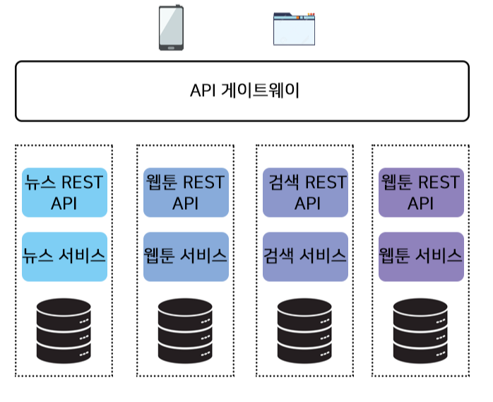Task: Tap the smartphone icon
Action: [x=171, y=28]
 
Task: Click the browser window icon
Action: [x=294, y=29]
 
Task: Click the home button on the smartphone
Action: [x=171, y=48]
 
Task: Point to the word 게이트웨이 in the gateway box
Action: [x=261, y=90]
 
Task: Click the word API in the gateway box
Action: [x=203, y=90]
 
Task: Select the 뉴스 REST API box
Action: [x=64, y=192]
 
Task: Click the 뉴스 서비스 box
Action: [x=64, y=256]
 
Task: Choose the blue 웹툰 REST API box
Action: [x=186, y=192]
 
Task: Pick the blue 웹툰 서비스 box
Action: [x=186, y=256]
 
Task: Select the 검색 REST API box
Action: [x=305, y=192]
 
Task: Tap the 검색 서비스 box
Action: [x=305, y=256]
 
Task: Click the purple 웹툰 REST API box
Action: [x=421, y=192]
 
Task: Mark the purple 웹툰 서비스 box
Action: [x=421, y=256]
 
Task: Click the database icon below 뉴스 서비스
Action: [x=64, y=331]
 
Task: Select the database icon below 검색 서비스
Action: [x=304, y=331]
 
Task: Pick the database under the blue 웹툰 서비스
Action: [x=185, y=331]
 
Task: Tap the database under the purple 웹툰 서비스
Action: [x=420, y=331]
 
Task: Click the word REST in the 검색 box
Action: [x=326, y=182]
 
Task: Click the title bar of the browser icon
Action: [x=294, y=18]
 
